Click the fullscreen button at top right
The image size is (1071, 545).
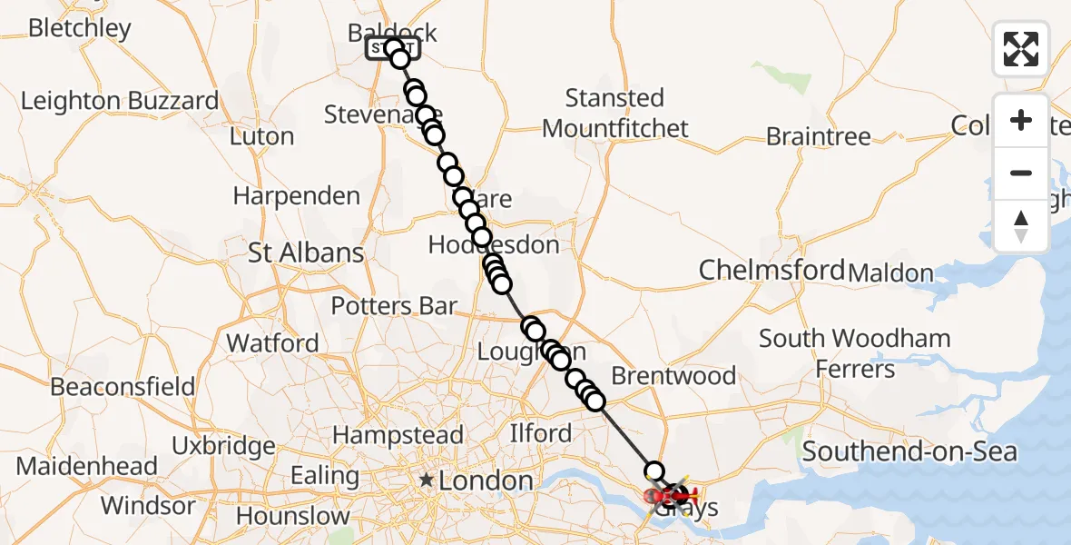(1021, 49)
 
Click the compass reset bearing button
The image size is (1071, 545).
(1021, 226)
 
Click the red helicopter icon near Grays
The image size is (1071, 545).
(683, 495)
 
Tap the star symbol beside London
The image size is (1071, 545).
(426, 480)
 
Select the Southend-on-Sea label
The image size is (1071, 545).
(909, 451)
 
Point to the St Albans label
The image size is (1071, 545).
(306, 253)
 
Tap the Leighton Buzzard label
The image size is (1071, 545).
(120, 101)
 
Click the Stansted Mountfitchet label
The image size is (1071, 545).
(615, 113)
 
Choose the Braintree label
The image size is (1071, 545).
(818, 137)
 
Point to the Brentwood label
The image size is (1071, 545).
(673, 375)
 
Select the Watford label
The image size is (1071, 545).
(272, 343)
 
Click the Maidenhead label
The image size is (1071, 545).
(87, 467)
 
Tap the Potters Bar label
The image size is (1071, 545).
(393, 306)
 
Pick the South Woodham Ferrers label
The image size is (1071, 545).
(855, 353)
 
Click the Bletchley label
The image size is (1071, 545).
(80, 28)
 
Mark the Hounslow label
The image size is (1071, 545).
(292, 516)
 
